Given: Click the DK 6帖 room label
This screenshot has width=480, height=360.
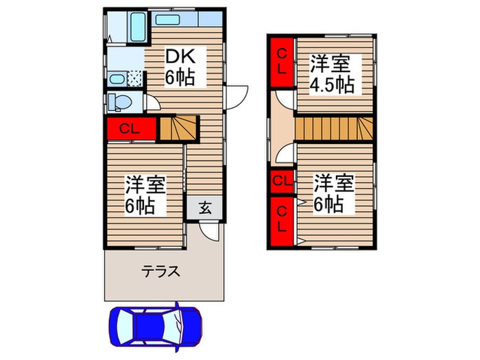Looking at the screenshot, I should (x=180, y=67).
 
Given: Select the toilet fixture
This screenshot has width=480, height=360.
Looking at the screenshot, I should (x=120, y=102).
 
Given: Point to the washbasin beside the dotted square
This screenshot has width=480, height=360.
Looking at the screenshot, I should (x=117, y=77).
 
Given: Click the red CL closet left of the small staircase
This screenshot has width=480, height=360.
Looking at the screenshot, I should (x=131, y=128).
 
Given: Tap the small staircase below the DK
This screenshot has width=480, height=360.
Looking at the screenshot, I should (x=178, y=128).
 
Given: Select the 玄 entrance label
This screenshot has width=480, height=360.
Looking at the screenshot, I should (x=204, y=208).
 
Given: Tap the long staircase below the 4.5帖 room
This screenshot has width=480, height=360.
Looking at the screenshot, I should (x=333, y=128).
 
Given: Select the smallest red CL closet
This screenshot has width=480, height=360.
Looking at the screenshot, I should (x=281, y=181).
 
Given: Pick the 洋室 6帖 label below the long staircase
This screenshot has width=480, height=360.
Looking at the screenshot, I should (x=334, y=193).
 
